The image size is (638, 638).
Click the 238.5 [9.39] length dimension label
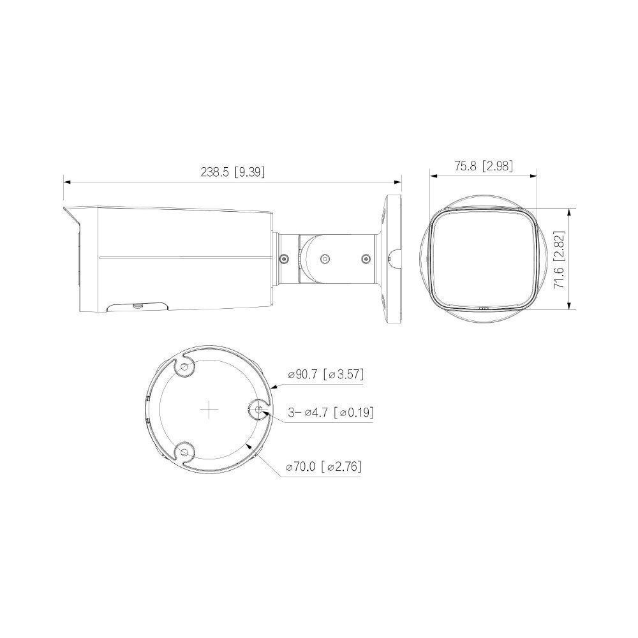pyautogui.click(x=232, y=172)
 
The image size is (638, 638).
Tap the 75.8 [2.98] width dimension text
pyautogui.click(x=484, y=166)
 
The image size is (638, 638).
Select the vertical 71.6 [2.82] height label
pyautogui.click(x=560, y=260)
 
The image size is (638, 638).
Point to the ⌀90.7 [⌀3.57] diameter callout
pyautogui.click(x=325, y=374)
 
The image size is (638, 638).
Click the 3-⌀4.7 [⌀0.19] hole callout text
pyautogui.click(x=330, y=412)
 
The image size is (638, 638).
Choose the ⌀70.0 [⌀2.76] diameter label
pyautogui.click(x=324, y=466)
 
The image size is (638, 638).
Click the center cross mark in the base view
pyautogui.click(x=209, y=410)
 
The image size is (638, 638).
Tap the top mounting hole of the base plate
pyautogui.click(x=184, y=367)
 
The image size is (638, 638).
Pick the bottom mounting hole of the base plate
pyautogui.click(x=184, y=452)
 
